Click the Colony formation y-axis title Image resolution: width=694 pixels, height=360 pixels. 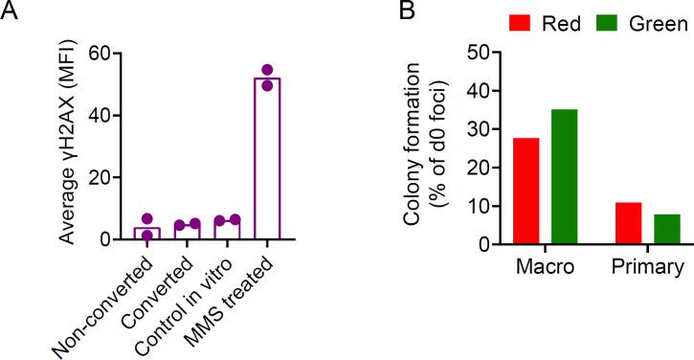click(x=426, y=148)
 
